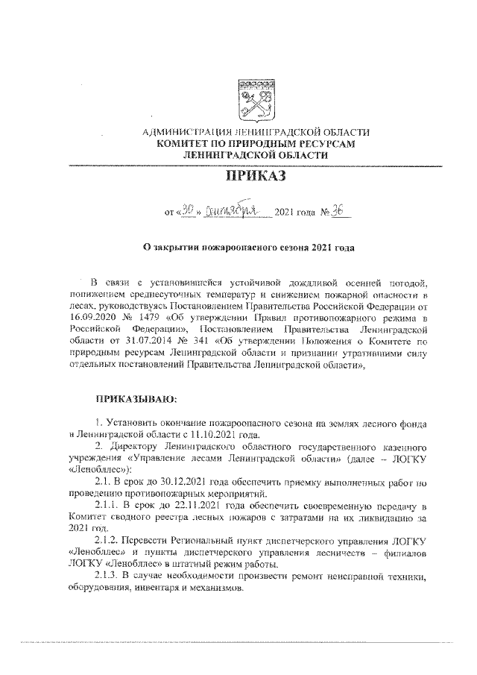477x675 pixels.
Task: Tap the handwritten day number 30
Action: (x=188, y=211)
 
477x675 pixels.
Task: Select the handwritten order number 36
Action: (x=340, y=210)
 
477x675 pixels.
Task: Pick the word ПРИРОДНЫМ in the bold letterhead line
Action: (x=267, y=142)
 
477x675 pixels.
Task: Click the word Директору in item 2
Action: (x=131, y=445)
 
